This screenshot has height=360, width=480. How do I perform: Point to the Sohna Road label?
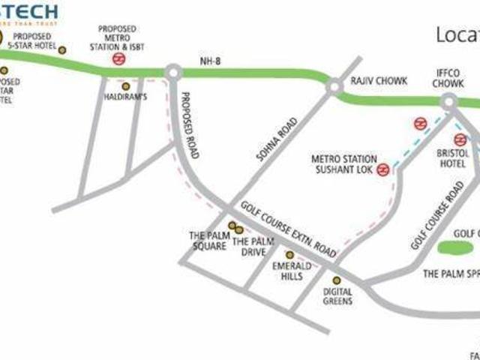pyautogui.click(x=277, y=139)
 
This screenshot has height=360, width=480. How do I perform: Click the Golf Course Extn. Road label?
pyautogui.click(x=289, y=229)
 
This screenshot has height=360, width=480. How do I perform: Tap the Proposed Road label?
pyautogui.click(x=189, y=125)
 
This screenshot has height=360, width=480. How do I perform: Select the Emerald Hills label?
pyautogui.click(x=287, y=271)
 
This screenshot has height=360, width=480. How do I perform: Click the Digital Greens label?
pyautogui.click(x=337, y=297)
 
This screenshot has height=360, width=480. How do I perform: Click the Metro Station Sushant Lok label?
pyautogui.click(x=342, y=164)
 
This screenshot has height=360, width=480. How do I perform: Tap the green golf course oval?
pyautogui.click(x=457, y=246)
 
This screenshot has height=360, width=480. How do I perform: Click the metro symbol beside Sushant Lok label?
pyautogui.click(x=383, y=169)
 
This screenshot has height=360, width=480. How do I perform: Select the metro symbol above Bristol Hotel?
pyautogui.click(x=460, y=139)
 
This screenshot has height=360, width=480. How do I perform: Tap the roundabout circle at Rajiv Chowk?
pyautogui.click(x=333, y=87)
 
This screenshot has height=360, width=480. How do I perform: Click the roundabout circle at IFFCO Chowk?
pyautogui.click(x=449, y=101)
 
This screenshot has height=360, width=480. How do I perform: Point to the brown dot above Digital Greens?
pyautogui.click(x=337, y=280)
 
